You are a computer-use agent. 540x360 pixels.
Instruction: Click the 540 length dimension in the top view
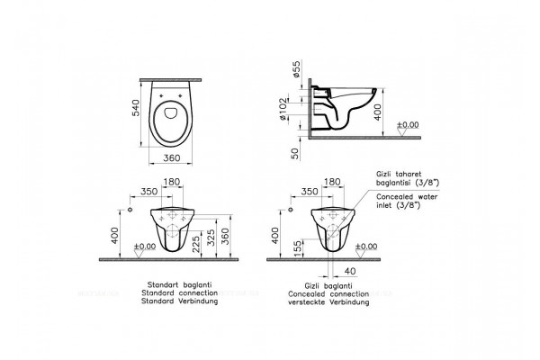pyautogui.click(x=137, y=107)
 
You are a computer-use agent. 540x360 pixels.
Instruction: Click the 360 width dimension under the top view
pyautogui.click(x=172, y=157)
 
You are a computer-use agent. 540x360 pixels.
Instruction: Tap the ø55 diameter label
pyautogui.click(x=296, y=68)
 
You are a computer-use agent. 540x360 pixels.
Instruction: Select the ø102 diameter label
pyautogui.click(x=283, y=109)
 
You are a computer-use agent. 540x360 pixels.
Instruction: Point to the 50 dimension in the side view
pyautogui.click(x=295, y=154)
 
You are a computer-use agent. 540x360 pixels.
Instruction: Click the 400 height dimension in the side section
pyautogui.click(x=378, y=112)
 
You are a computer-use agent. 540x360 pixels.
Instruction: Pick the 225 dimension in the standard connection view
pyautogui.click(x=196, y=244)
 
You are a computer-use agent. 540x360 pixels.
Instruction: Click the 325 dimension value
pyautogui.click(x=211, y=238)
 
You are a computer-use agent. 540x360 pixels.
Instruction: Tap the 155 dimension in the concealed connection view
pyautogui.click(x=298, y=247)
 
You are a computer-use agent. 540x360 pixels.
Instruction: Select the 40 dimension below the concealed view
pyautogui.click(x=350, y=272)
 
